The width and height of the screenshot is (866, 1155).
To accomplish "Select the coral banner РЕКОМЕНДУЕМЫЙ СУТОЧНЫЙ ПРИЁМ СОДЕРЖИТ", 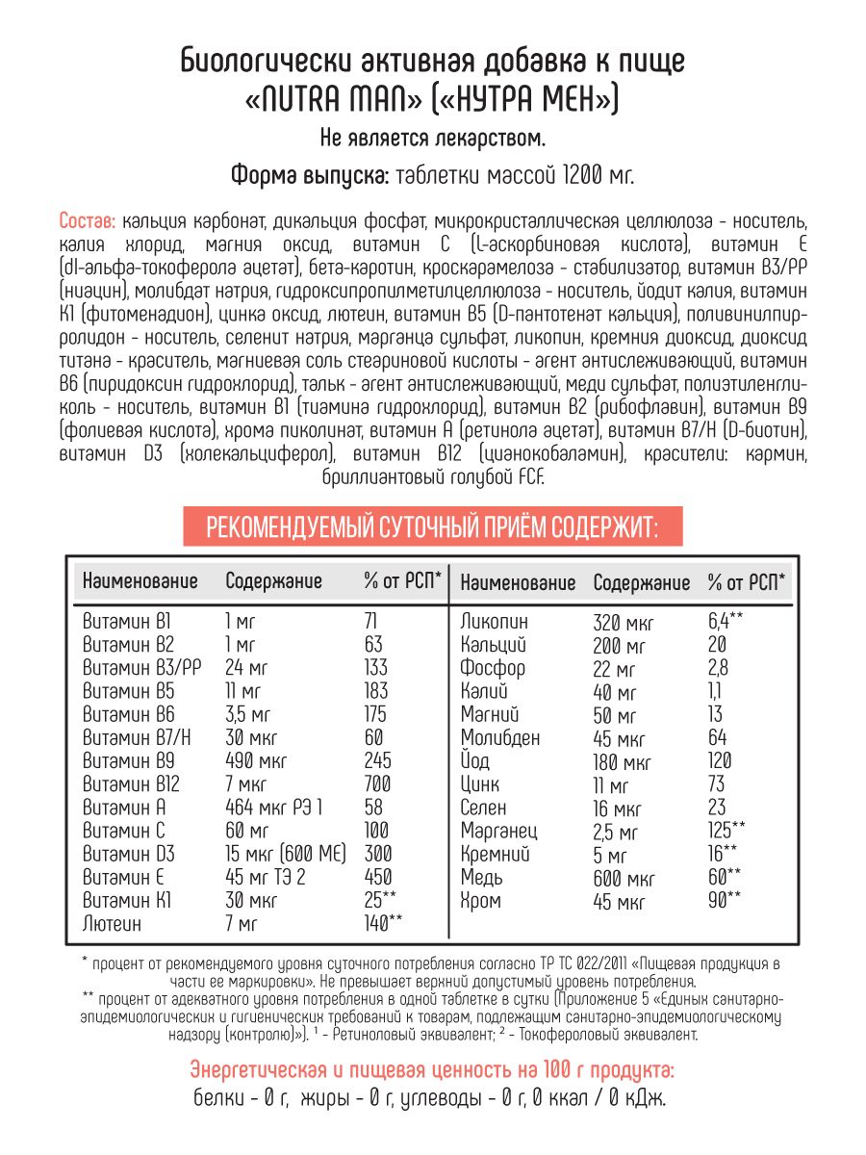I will tap(432, 526).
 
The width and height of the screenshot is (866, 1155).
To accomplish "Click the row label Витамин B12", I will tap(129, 783).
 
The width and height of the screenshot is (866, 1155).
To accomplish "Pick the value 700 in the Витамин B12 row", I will tap(377, 783).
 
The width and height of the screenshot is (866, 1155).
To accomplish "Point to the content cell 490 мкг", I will tap(255, 760).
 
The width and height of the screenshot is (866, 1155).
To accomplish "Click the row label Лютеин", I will tap(112, 924).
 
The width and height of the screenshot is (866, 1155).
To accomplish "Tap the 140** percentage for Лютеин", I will tap(383, 923).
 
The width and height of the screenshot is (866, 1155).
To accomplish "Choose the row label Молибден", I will tap(500, 737).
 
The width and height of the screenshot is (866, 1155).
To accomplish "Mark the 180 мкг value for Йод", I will tap(623, 761).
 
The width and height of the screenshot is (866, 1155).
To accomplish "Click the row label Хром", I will tap(481, 901).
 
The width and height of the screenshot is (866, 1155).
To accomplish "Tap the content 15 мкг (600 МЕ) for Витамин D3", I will tap(285, 854).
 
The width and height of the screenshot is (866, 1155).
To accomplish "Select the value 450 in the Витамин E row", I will tap(377, 877).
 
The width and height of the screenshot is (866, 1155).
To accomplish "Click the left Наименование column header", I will tap(140, 581).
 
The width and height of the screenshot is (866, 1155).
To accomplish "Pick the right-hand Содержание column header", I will tap(641, 582).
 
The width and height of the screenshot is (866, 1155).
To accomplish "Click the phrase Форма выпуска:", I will tap(309, 176).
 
